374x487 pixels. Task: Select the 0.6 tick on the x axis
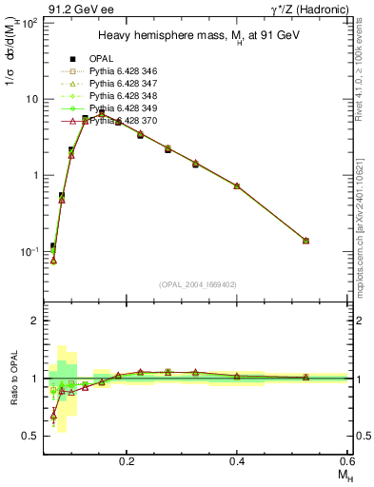pyautogui.click(x=347, y=459)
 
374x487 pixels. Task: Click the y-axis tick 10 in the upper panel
pyautogui.click(x=30, y=99)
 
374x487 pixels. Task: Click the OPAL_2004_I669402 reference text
pyautogui.click(x=197, y=284)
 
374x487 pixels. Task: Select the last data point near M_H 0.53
pyautogui.click(x=305, y=241)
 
